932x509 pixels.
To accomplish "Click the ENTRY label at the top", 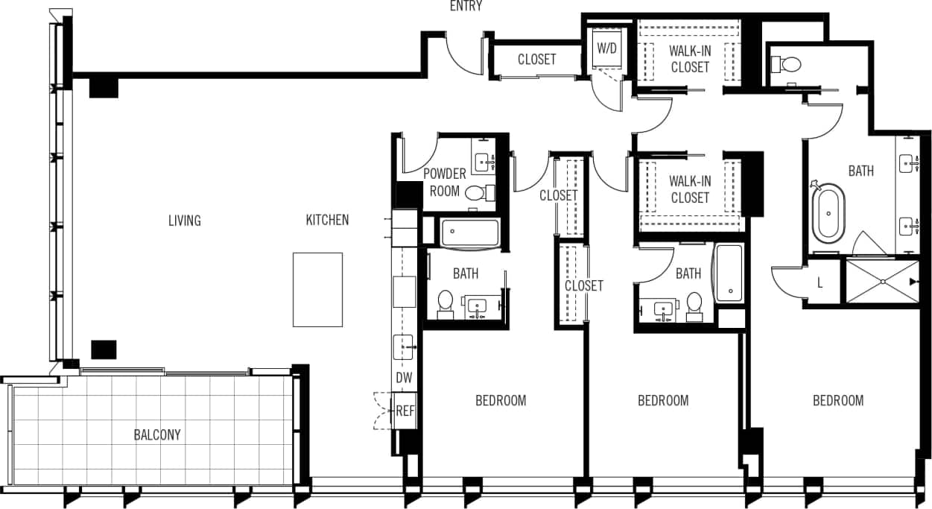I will pos(466,7).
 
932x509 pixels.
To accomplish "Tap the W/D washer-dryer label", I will pos(607,48).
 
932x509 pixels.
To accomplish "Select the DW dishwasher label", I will pos(404,378).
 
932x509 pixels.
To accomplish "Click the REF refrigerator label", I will pos(405,411).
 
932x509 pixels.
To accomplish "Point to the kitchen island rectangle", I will pos(317,289).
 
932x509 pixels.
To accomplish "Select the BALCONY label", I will pos(157,434).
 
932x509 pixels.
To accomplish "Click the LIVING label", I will pos(184,220).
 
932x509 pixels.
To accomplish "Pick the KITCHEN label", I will pos(327,220).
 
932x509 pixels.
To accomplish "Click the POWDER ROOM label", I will pos(445,182).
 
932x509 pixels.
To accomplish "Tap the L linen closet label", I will pos(820,283).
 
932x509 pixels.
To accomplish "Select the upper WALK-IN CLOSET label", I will pos(690,59).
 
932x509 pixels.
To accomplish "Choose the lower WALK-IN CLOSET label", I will pos(690,189).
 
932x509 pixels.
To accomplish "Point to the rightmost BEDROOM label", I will pos(838,400).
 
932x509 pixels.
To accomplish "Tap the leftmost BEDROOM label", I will pos(501,400).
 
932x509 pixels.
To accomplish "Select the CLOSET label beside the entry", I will pos(536,59).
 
